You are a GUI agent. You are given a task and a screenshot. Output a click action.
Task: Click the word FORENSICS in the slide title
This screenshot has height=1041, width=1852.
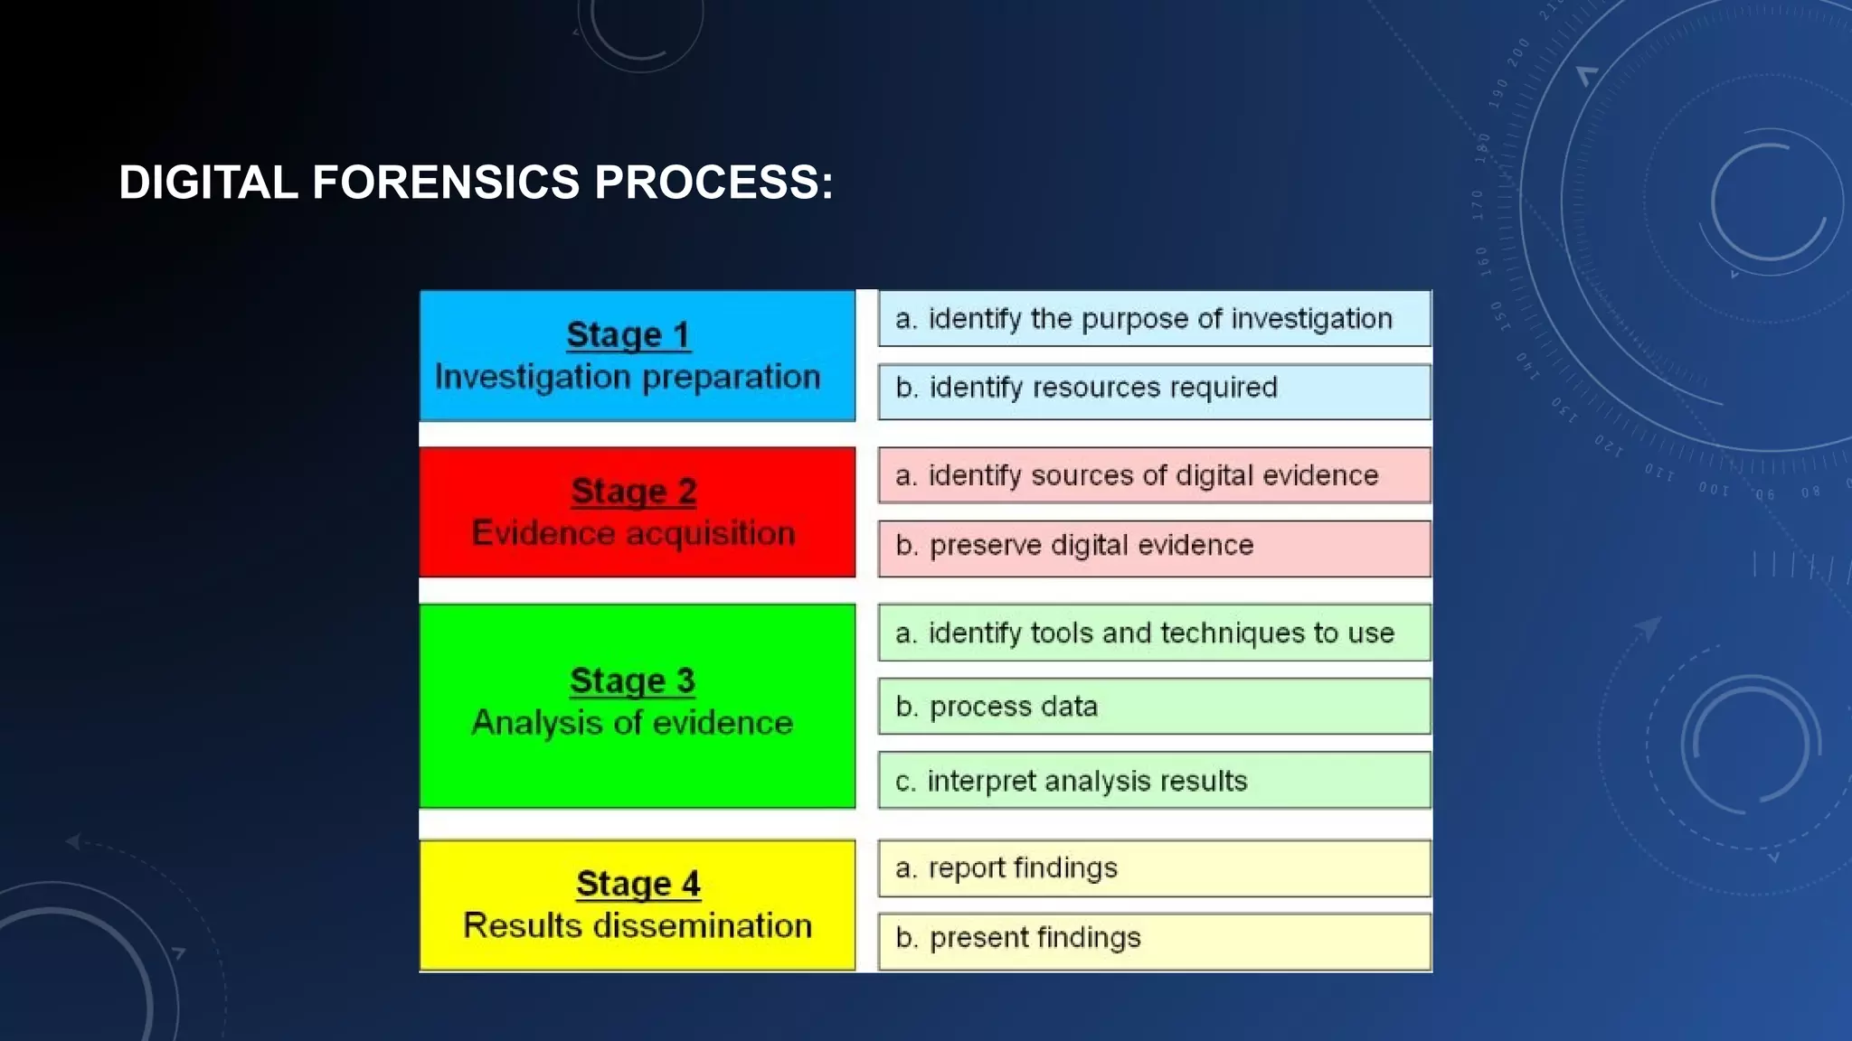(x=445, y=183)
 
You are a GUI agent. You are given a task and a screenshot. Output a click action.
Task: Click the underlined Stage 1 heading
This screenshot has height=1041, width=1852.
(x=628, y=334)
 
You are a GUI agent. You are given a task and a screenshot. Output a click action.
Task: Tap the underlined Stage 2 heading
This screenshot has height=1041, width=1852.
(x=634, y=491)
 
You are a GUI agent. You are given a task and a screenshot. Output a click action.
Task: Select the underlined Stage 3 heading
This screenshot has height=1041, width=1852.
(x=632, y=680)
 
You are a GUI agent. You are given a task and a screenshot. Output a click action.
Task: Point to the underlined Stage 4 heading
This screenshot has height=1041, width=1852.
(x=638, y=883)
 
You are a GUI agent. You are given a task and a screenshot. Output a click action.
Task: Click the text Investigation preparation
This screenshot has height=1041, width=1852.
(x=628, y=377)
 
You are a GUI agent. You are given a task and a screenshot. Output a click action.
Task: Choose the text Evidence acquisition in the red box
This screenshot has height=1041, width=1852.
(x=633, y=533)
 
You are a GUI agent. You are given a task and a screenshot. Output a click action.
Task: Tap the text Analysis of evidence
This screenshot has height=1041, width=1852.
(x=632, y=723)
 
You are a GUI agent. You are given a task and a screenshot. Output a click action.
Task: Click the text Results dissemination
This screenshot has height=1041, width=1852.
(x=638, y=925)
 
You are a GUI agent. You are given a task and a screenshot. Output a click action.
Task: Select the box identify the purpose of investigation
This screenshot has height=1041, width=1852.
(x=1154, y=319)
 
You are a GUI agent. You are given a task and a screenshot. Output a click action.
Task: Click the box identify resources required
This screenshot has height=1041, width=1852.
(x=1154, y=391)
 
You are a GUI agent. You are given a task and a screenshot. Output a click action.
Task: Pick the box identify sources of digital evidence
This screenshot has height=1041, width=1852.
(x=1154, y=475)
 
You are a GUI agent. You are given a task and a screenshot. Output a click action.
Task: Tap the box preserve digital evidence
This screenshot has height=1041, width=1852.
(x=1154, y=548)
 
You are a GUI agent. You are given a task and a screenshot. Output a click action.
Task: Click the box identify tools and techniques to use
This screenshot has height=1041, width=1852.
(x=1154, y=633)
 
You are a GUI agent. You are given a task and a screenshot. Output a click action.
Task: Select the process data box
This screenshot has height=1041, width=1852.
(x=1154, y=707)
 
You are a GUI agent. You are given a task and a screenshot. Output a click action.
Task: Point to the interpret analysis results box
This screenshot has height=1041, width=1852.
(x=1154, y=780)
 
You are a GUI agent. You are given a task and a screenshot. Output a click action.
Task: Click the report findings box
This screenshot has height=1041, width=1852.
(x=1154, y=868)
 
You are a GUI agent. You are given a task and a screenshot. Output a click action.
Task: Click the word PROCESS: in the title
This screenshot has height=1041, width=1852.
(x=713, y=183)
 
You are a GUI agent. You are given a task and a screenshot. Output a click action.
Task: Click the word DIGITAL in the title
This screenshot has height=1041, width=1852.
(x=208, y=183)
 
